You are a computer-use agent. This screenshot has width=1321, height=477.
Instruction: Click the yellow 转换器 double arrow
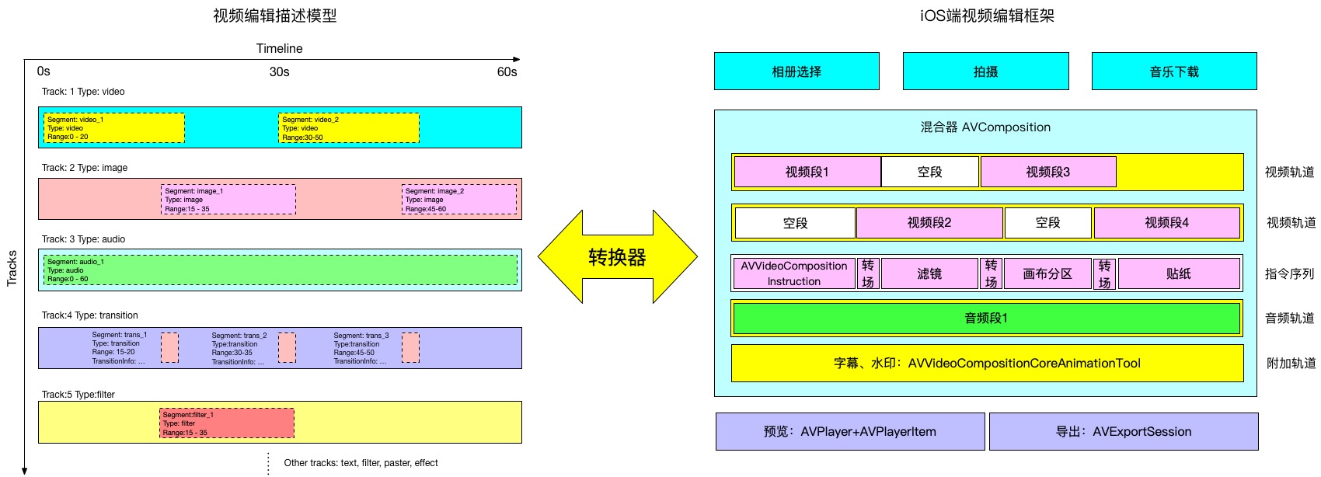[618, 256]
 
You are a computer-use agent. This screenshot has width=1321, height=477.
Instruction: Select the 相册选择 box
[796, 71]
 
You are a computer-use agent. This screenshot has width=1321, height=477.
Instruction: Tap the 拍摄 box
[985, 71]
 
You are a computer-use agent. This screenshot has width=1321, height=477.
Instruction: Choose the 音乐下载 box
[1174, 71]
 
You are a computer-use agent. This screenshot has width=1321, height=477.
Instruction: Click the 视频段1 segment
[807, 172]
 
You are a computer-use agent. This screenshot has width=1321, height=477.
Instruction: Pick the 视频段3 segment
[1047, 172]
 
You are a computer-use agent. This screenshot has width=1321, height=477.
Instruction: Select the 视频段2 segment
[929, 223]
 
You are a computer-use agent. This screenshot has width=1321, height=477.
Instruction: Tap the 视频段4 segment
[1166, 223]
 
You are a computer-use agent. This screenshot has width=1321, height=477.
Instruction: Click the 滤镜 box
[929, 273]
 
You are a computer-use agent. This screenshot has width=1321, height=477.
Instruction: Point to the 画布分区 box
[1047, 273]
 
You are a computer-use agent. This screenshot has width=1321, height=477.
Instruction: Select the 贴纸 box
[1178, 273]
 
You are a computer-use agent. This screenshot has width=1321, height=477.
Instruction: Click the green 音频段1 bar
[985, 319]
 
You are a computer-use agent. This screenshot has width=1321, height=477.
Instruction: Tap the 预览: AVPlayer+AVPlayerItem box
[849, 432]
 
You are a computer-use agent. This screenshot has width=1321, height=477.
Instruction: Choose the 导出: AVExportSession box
[1123, 432]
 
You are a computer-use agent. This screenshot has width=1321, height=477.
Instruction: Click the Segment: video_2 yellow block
[348, 128]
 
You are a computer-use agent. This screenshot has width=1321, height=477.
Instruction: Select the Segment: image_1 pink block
[228, 200]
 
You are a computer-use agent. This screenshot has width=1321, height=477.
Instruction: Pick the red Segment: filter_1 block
[226, 423]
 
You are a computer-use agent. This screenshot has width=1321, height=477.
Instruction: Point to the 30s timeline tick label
[279, 71]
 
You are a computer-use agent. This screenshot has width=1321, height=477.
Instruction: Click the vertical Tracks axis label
[12, 268]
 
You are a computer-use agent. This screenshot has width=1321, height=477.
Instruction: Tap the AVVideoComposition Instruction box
[793, 273]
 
